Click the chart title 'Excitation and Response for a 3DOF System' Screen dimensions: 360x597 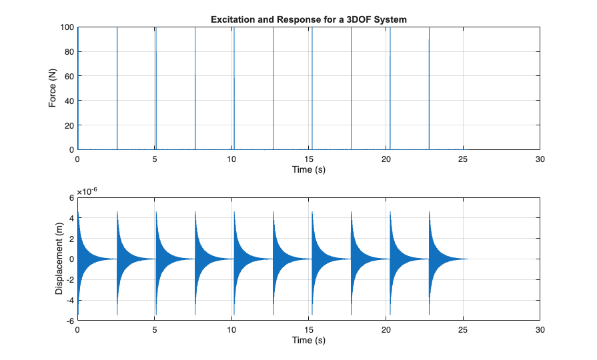(x=309, y=20)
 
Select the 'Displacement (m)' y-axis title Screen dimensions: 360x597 (x=59, y=259)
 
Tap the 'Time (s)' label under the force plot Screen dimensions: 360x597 (x=309, y=170)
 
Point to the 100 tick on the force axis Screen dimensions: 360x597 (x=66, y=27)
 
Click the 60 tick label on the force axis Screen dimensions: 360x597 (x=68, y=76)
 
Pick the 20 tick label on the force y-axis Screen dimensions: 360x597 (x=68, y=125)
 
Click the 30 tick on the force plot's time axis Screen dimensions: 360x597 (x=540, y=159)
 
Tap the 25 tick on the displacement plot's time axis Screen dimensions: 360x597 (x=463, y=330)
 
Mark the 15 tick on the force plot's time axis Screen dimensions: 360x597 (x=309, y=159)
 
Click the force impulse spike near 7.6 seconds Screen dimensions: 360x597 (x=195, y=87)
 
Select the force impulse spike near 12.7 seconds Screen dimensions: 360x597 (x=273, y=87)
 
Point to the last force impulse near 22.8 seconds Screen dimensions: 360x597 (x=429, y=87)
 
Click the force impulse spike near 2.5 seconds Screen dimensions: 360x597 (x=117, y=87)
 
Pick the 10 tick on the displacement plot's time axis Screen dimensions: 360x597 (x=231, y=330)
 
